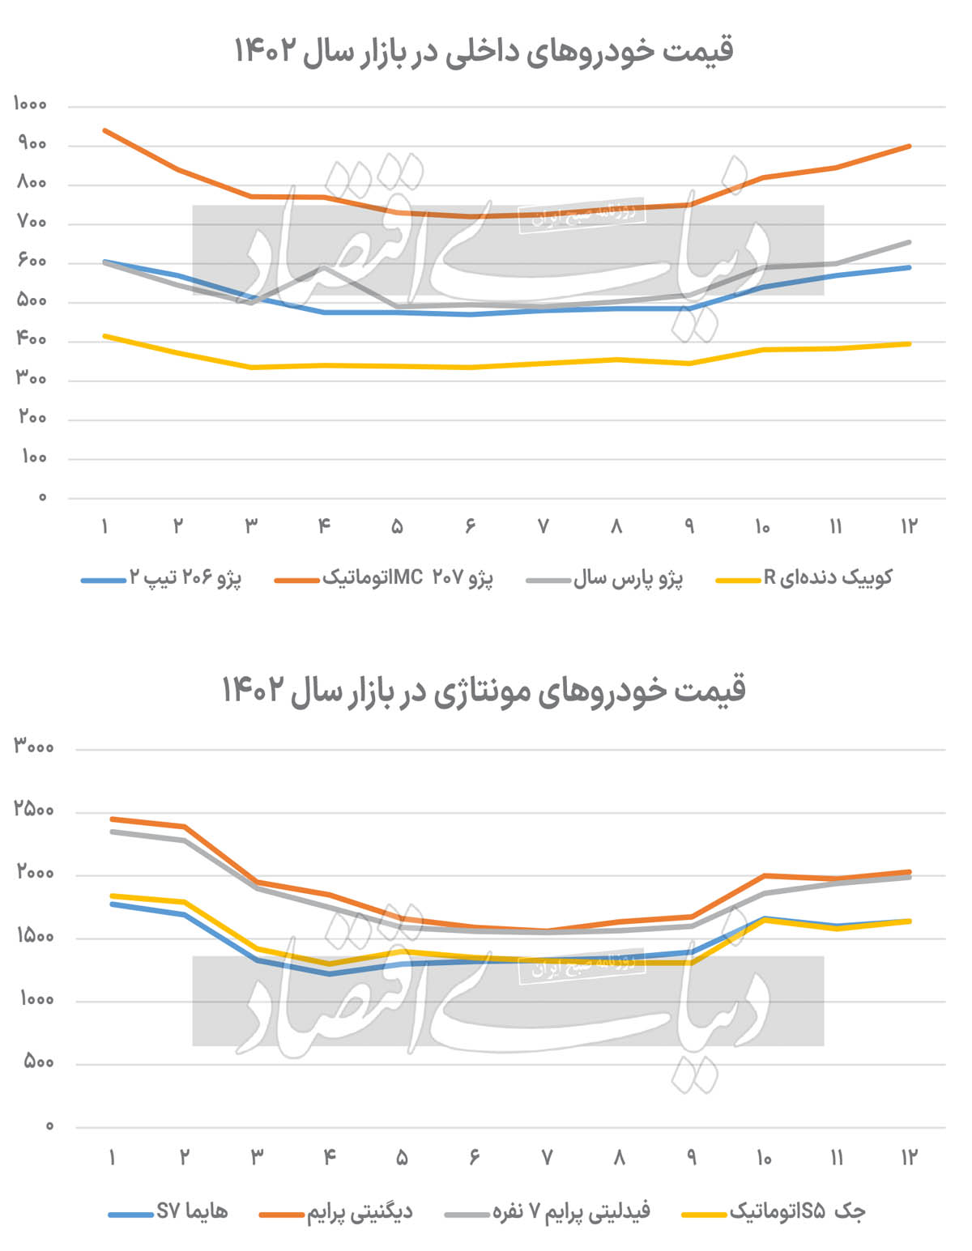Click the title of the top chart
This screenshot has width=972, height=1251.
click(484, 51)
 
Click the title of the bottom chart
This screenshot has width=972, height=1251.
click(484, 690)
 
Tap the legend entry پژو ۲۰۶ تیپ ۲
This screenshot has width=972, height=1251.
click(185, 578)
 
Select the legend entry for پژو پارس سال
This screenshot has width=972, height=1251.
click(628, 578)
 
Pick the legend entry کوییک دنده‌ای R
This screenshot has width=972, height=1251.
click(828, 578)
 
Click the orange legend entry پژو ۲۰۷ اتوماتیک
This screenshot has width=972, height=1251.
click(407, 578)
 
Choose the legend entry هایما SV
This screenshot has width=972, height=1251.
click(192, 1212)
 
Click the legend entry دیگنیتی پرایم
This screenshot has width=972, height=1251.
click(359, 1212)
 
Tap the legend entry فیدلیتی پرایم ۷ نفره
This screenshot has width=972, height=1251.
click(571, 1212)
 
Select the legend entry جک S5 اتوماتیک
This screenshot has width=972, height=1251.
click(797, 1212)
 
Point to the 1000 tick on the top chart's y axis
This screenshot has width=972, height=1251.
click(31, 104)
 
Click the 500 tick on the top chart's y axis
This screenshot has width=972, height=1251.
click(32, 301)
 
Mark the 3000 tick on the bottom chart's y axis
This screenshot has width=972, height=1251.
click(34, 747)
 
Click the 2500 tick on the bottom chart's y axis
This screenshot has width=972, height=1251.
click(34, 810)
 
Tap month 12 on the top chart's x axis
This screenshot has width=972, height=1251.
click(909, 526)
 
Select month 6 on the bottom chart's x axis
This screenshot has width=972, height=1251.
click(475, 1157)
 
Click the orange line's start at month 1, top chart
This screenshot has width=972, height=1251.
click(105, 130)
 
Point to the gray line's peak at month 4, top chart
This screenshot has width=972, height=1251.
click(324, 267)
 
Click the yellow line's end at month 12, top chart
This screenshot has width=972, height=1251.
click(910, 344)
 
